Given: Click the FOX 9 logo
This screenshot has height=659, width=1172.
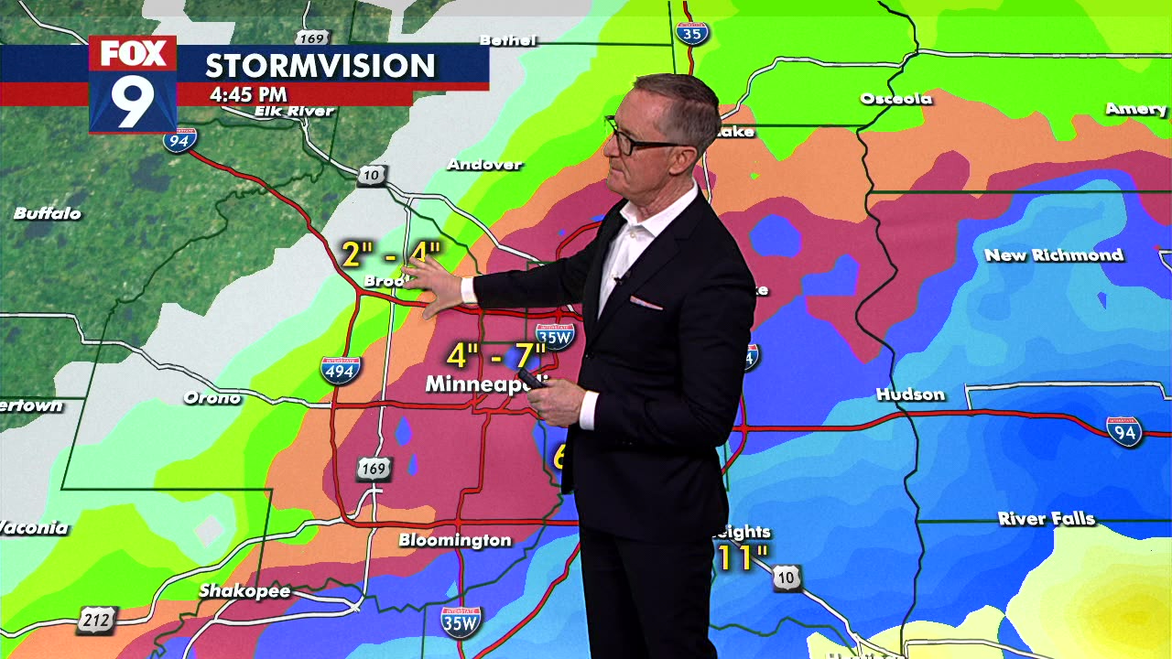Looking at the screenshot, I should [x=133, y=84].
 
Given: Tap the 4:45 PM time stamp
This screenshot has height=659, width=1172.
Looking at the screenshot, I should [x=248, y=94].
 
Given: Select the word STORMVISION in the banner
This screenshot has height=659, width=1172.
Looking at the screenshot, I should [x=320, y=66].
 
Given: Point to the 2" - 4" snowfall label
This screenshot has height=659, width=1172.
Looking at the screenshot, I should [x=390, y=254].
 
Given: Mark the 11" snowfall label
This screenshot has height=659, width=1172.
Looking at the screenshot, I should [x=742, y=557].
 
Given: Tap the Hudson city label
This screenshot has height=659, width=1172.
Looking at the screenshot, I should [x=910, y=394].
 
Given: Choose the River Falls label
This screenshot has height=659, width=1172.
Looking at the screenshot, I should [x=1046, y=519].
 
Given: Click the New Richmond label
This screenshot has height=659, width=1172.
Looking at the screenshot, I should [x=1053, y=255].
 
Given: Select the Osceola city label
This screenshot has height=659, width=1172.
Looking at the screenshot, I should [x=895, y=99].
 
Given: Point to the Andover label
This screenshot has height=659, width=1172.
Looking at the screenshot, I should [x=484, y=165].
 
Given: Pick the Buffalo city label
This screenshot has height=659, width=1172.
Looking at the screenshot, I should [x=48, y=213].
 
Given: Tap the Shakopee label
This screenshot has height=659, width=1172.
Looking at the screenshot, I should [x=244, y=591].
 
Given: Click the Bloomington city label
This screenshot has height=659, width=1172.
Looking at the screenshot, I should [x=454, y=540].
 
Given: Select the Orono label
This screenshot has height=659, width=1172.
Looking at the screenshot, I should [x=212, y=397].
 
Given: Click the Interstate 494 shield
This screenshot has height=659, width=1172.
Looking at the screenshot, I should [x=340, y=370].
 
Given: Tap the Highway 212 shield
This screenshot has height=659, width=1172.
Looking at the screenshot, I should [x=95, y=620].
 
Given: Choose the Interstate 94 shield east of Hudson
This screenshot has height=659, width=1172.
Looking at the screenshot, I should [x=1123, y=431].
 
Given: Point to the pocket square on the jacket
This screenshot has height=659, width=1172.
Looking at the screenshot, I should [x=646, y=302].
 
